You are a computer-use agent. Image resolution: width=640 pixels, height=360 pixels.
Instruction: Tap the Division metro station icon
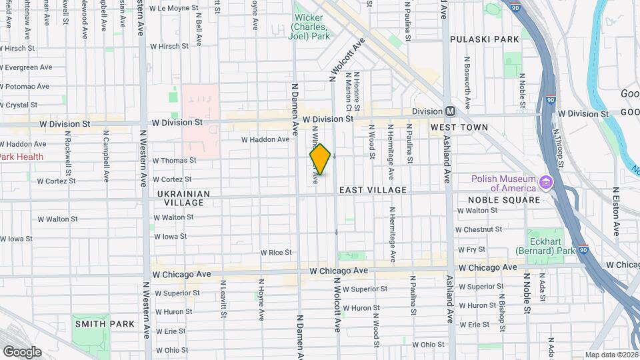pyautogui.click(x=450, y=111)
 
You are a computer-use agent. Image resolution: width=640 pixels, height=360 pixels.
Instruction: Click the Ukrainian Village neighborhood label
pyautogui.click(x=183, y=198)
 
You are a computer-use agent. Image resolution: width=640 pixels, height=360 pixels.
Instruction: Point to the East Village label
pyautogui.click(x=373, y=190)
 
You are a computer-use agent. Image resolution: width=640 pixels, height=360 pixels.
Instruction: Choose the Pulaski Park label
pyautogui.click(x=485, y=39)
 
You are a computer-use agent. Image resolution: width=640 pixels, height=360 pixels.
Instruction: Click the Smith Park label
pyautogui.click(x=105, y=324)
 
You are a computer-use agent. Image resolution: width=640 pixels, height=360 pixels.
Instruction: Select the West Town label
pyautogui.click(x=459, y=127)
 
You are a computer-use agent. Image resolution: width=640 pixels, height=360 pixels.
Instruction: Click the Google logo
pyautogui.click(x=22, y=351)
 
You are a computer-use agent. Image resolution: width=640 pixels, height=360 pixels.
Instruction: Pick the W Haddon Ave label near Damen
pyautogui.click(x=265, y=139)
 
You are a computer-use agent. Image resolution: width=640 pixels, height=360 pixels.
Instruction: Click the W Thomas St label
pyautogui.click(x=174, y=161)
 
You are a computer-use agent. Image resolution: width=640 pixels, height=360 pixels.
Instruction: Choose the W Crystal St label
pyautogui.click(x=19, y=105)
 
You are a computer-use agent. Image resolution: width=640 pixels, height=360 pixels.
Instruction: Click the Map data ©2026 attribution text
pyautogui.click(x=611, y=355)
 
